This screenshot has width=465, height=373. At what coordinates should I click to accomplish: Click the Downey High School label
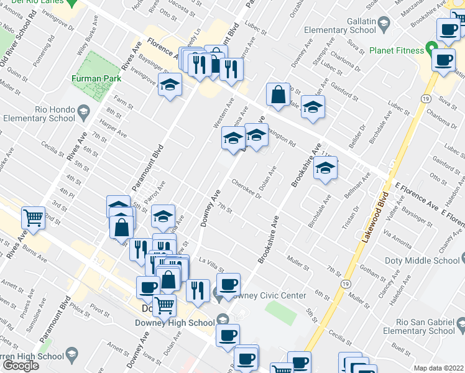coord(175,322)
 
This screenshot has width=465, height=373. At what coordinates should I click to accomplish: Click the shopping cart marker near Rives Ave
coord(33,218)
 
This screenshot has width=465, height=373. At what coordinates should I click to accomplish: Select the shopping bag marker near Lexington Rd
coord(278,95)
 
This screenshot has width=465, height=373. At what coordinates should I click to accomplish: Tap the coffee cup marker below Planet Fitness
coord(443,61)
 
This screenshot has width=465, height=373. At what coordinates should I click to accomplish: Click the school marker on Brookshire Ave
coord(325,168)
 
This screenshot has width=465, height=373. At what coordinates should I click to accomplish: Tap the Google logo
coord(21,366)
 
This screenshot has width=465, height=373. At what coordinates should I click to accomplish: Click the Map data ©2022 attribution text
coord(439,368)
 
